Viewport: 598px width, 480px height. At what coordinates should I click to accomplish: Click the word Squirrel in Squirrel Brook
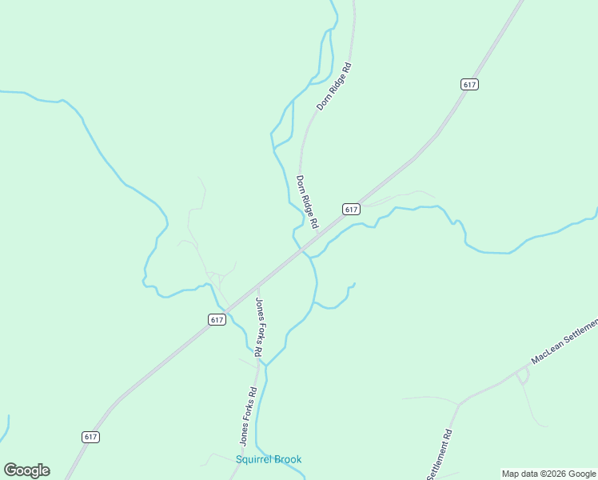point(253,459)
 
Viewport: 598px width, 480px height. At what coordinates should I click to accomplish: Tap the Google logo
point(26,470)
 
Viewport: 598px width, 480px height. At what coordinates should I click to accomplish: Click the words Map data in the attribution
point(520,474)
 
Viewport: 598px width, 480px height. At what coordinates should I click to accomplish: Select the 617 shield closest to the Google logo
point(90,437)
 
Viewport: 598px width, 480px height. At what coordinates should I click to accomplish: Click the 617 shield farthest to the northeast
point(469,84)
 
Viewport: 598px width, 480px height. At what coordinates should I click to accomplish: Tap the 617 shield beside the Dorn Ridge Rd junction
point(351,209)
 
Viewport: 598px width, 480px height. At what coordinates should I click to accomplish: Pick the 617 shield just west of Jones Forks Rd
point(217,319)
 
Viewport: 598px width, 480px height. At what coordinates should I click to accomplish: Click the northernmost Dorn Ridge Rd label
point(334,86)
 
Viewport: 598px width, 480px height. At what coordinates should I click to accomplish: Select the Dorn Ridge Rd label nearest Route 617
point(307,201)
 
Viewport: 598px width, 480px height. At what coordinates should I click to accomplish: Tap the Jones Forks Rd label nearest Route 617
point(260,326)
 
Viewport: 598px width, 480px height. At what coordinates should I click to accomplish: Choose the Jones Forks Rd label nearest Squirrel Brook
point(247,416)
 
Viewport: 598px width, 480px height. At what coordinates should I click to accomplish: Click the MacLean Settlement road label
point(564,342)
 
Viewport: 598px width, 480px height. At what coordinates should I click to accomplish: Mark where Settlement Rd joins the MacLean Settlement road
point(459,404)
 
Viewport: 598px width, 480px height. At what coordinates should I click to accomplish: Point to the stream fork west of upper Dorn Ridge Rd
point(292,102)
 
